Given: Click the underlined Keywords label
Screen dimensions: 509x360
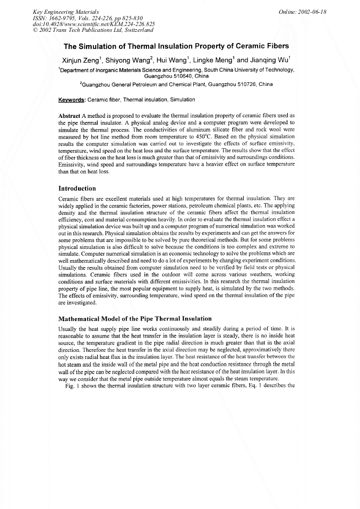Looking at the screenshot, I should (x=71, y=100).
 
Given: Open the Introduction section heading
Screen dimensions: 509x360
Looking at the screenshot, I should (x=77, y=188).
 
